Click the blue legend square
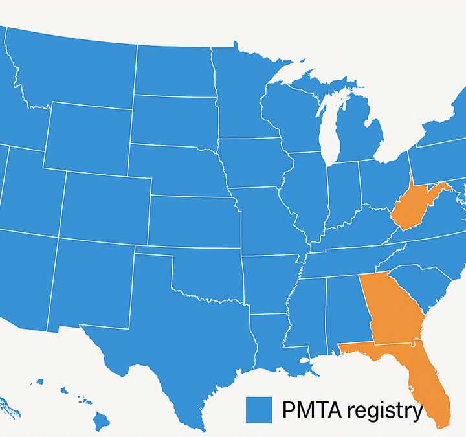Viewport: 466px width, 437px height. [258, 410]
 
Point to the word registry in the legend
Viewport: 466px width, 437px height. [384, 411]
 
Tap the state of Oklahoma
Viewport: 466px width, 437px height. [207, 272]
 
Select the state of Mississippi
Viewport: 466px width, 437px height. [307, 314]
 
